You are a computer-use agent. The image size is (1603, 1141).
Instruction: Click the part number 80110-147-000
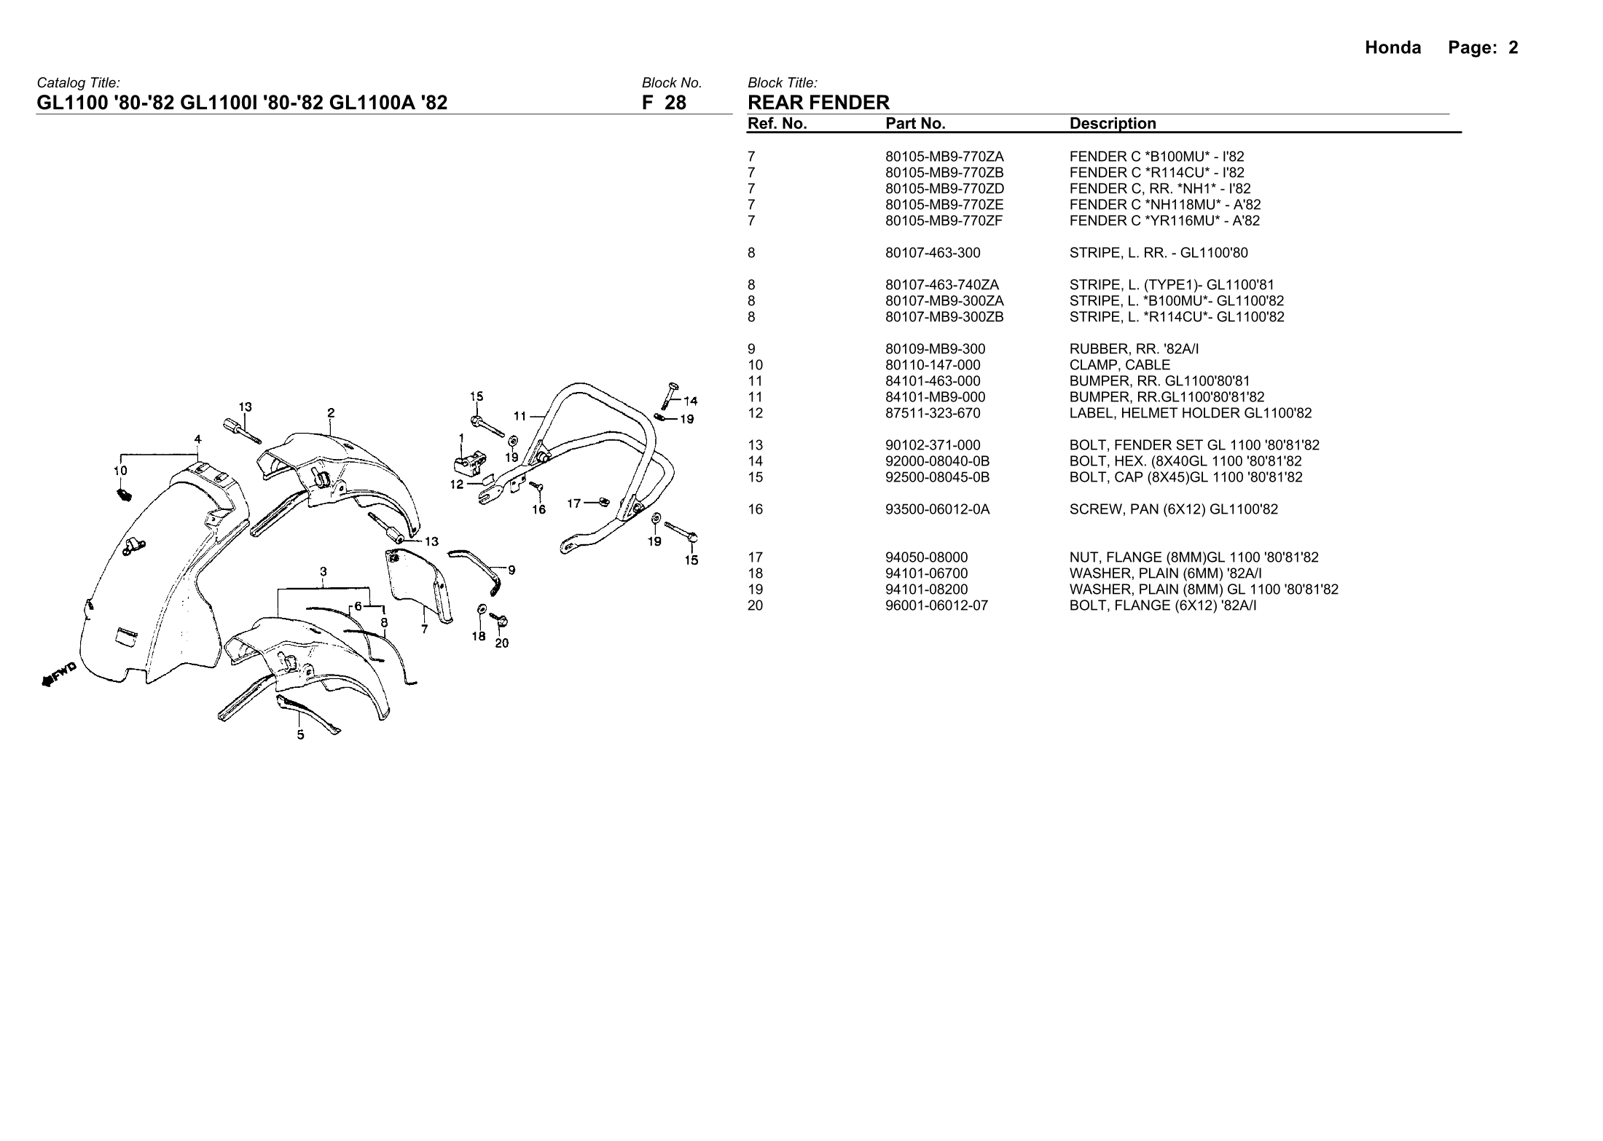933,365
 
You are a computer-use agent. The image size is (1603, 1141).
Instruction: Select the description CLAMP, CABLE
1120,365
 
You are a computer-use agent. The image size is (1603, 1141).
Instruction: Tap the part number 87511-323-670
933,413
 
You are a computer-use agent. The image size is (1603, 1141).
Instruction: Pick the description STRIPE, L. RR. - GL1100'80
1159,253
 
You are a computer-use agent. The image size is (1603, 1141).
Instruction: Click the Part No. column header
915,124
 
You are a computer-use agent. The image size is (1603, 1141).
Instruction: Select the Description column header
1113,124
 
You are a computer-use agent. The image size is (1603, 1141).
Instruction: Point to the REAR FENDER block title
818,103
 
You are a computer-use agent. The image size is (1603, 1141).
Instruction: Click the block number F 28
664,103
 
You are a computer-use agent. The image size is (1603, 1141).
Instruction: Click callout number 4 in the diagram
197,439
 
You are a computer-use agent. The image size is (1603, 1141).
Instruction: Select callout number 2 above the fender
331,413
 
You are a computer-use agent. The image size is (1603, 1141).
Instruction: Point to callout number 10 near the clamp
120,471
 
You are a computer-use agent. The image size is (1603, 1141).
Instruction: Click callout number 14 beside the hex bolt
690,400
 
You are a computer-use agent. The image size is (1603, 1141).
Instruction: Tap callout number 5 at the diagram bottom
300,734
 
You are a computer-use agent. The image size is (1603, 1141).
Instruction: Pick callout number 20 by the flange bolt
502,643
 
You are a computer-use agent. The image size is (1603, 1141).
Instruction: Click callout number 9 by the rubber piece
512,570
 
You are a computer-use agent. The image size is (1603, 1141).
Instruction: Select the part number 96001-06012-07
936,605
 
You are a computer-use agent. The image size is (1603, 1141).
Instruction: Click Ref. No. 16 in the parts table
755,509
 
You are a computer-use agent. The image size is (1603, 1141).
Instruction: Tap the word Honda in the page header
1392,48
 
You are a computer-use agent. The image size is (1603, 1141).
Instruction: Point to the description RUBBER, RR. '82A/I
1134,349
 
